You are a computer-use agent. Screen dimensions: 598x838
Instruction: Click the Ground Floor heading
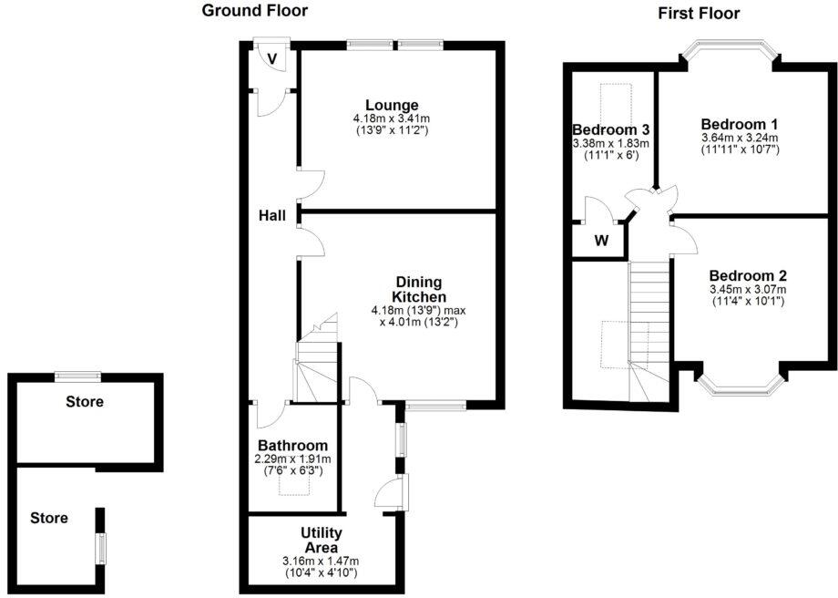[254, 11]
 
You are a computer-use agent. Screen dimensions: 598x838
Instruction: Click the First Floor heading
[698, 13]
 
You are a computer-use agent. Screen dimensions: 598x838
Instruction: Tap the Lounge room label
[392, 105]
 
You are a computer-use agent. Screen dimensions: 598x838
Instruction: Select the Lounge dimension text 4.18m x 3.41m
[392, 119]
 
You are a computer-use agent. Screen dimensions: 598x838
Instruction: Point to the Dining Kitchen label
[419, 289]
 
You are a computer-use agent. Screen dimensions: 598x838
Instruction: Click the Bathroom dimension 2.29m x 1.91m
[292, 459]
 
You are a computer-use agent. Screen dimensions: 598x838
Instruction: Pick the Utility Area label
[321, 540]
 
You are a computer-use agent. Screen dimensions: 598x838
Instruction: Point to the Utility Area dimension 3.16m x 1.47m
[321, 561]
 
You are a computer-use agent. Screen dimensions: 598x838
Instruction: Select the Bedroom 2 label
[747, 276]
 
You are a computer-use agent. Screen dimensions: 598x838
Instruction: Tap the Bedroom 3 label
[609, 129]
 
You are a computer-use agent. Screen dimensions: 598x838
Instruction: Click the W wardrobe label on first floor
[600, 242]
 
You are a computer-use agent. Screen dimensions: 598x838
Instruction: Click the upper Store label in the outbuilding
[85, 401]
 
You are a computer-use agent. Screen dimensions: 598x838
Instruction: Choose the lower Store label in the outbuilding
[49, 518]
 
